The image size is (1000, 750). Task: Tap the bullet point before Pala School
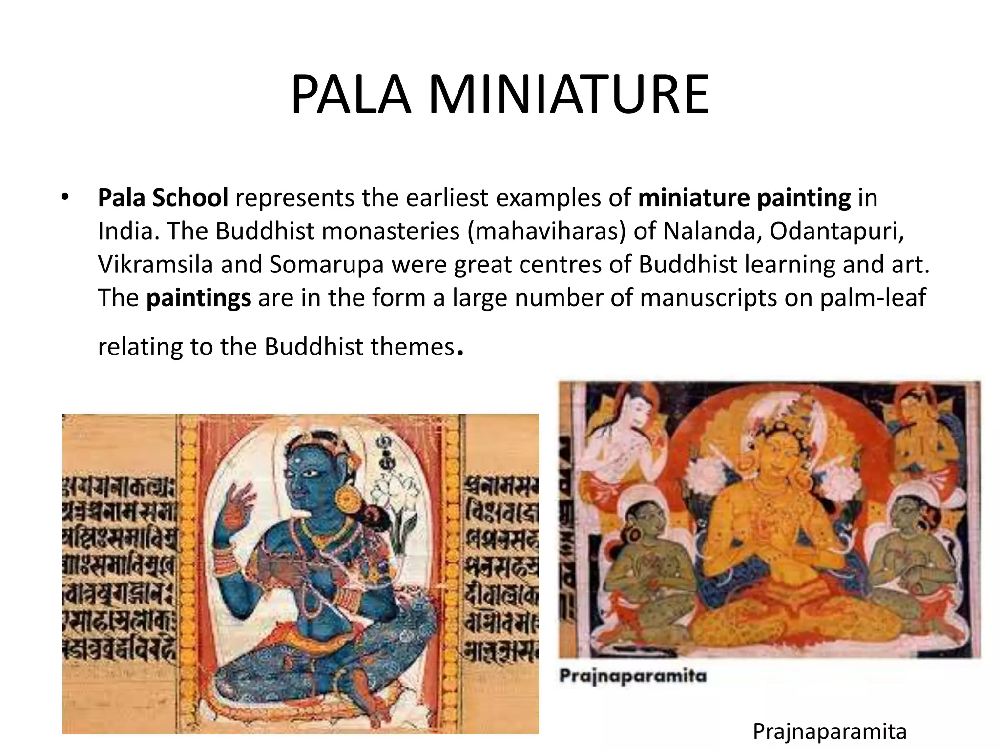(x=65, y=198)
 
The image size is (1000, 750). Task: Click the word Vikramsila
(x=155, y=264)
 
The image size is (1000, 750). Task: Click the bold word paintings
(x=199, y=297)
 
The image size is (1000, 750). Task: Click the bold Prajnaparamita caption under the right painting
(x=633, y=676)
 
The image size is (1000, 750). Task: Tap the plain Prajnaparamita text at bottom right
(x=830, y=731)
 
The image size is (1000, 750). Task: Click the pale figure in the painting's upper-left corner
(x=620, y=439)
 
